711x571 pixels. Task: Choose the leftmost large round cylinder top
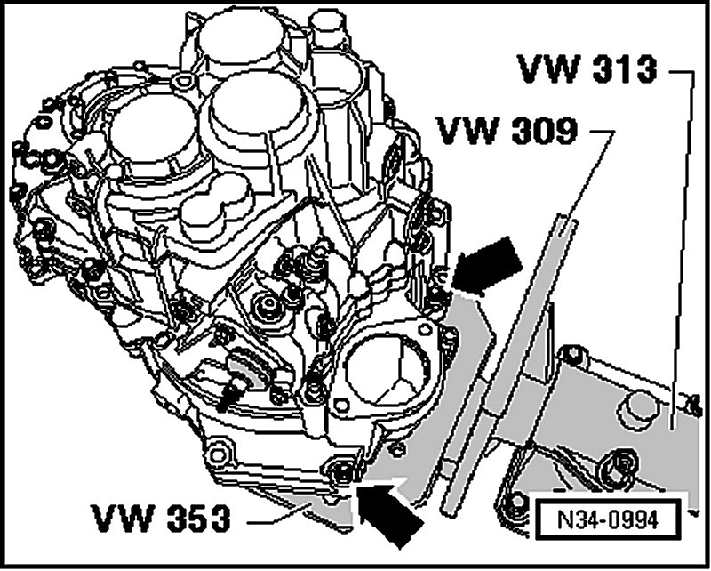143,130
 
